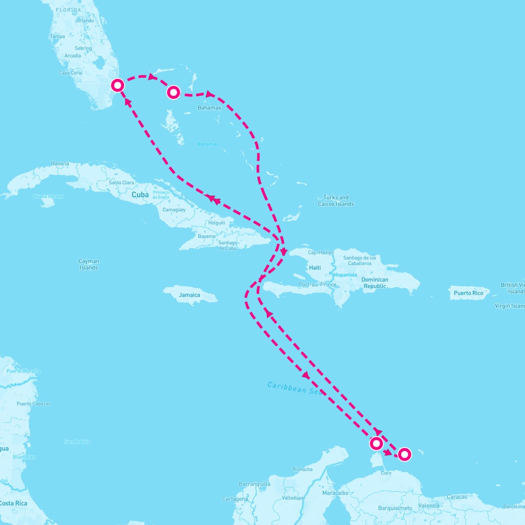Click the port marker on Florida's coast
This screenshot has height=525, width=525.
click(117, 85)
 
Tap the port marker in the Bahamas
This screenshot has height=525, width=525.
click(174, 92)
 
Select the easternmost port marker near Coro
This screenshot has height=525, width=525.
click(404, 455)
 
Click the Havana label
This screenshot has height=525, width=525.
click(60, 164)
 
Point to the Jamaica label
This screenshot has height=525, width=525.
click(189, 295)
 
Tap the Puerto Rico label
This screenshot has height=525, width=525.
click(468, 293)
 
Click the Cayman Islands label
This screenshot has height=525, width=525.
click(89, 264)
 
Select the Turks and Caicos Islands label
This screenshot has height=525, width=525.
click(336, 201)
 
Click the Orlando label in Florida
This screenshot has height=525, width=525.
click(85, 21)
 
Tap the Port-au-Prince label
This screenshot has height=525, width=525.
click(317, 284)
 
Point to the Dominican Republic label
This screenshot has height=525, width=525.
click(374, 283)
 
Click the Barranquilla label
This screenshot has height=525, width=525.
click(254, 484)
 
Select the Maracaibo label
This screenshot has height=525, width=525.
click(335, 493)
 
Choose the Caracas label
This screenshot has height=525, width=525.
click(457, 497)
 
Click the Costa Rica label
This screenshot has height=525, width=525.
click(13, 503)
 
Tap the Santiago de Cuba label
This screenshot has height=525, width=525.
click(227, 245)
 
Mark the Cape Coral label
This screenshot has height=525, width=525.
click(70, 73)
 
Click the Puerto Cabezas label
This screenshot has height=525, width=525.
click(34, 404)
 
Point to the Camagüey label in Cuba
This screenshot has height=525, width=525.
click(174, 210)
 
